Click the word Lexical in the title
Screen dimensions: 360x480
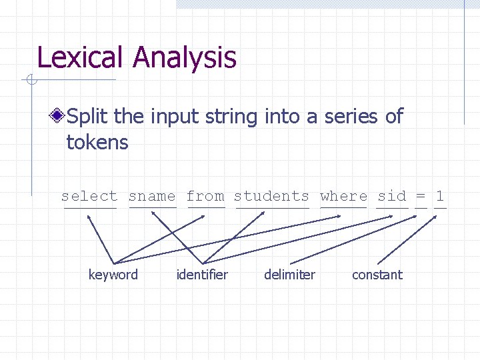pos(81,57)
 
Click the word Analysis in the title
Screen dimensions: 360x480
pos(185,59)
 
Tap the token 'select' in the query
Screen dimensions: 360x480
pos(89,196)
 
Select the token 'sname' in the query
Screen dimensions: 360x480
pos(152,196)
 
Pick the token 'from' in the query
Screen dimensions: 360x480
pos(205,196)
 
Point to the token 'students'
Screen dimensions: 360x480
pos(271,196)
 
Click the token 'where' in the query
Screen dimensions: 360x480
pos(343,196)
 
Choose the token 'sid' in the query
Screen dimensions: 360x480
pos(391,196)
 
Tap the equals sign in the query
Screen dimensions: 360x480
pos(421,196)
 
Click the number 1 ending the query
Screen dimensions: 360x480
pos(439,196)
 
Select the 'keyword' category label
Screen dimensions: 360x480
pos(113,275)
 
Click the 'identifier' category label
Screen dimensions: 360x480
pos(202,275)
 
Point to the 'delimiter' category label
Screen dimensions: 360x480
pos(289,275)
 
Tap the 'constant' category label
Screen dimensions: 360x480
pos(377,275)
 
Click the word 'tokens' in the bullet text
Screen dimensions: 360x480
pos(97,142)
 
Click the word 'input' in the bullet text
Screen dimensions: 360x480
pos(171,117)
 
